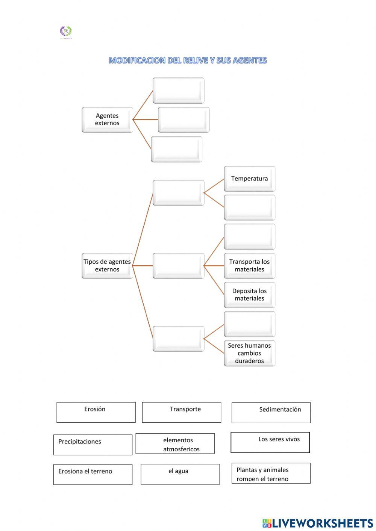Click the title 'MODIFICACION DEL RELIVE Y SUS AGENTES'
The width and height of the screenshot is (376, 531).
[x=188, y=60]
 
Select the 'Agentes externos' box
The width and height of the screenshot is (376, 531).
[x=107, y=120]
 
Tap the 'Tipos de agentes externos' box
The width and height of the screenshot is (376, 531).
[x=107, y=266]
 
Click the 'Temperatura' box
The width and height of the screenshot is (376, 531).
[x=249, y=179]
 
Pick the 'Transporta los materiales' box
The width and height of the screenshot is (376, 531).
[x=249, y=266]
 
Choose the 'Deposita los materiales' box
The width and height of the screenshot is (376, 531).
[x=249, y=295]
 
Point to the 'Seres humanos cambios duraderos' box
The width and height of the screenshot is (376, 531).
[x=249, y=353]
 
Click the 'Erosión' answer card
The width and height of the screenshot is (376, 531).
[x=96, y=412]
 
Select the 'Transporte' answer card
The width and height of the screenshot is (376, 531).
[x=182, y=412]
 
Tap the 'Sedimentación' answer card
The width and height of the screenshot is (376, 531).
[x=271, y=413]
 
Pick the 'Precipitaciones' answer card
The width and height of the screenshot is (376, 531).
[x=93, y=445]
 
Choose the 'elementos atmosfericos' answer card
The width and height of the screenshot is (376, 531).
[x=175, y=444]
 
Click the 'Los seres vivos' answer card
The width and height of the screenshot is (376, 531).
[x=270, y=442]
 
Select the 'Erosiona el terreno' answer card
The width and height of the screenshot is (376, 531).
[x=93, y=474]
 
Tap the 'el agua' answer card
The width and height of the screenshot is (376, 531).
[x=180, y=474]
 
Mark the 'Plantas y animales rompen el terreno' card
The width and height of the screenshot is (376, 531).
[x=271, y=473]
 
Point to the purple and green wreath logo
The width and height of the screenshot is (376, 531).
[x=66, y=32]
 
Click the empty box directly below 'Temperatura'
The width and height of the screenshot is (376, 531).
[x=249, y=207]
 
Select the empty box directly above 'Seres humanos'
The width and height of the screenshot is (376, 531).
[x=249, y=324]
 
